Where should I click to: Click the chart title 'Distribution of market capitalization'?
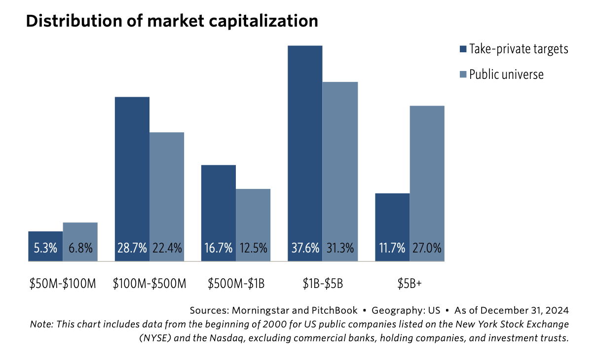pos(172,21)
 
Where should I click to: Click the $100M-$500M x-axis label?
pos(149,284)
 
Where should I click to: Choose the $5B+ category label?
pos(410,284)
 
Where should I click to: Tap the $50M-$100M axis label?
pos(63,284)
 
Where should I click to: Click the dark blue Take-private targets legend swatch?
pos(463,49)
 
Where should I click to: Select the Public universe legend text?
pos(506,74)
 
